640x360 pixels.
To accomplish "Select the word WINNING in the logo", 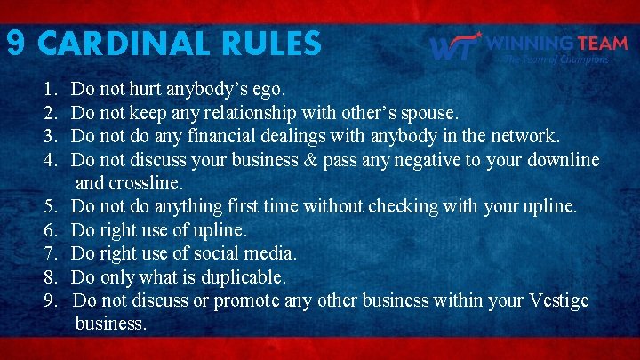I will point(530,42).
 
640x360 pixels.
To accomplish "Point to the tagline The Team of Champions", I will point(556,60).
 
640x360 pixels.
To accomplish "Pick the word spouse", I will point(429,114).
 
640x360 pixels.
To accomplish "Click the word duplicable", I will point(243,276).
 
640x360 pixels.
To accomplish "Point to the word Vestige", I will point(555,300).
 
